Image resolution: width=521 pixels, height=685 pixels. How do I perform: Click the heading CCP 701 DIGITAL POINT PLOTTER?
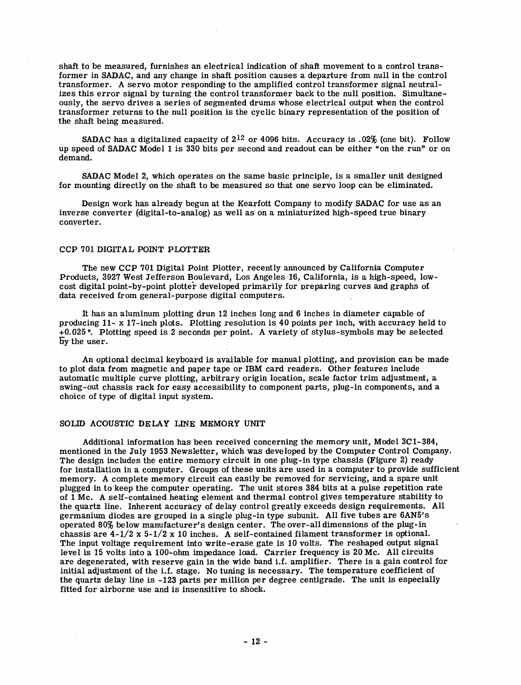[135, 249]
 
